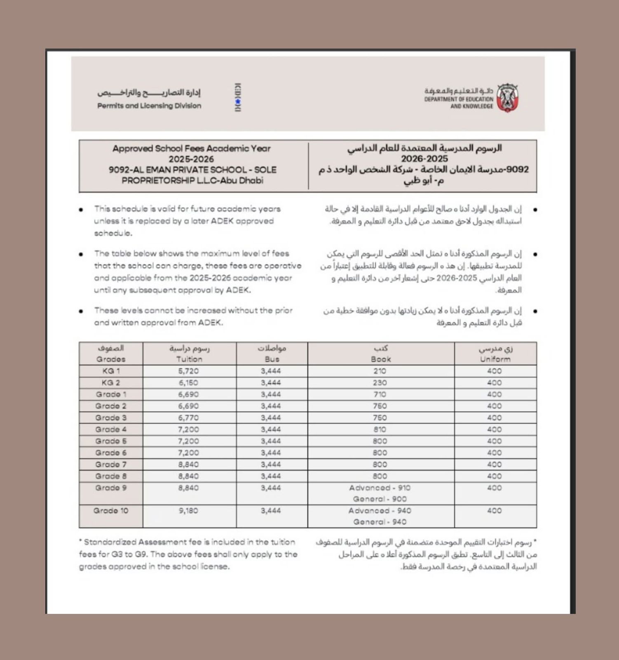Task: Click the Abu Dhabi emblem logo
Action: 507,98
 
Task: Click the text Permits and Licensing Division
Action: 149,106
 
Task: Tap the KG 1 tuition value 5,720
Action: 189,371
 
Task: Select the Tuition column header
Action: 189,359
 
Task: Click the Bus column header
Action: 272,359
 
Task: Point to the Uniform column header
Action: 495,359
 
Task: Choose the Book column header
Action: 380,359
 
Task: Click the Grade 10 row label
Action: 111,511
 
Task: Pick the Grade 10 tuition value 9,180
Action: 188,511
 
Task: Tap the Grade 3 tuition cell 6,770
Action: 189,417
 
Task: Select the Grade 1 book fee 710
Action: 380,394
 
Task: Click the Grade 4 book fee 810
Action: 380,429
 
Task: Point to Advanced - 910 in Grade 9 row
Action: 380,488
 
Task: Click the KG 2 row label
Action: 111,382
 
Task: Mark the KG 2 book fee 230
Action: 380,382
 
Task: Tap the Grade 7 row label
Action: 111,464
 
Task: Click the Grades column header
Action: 111,359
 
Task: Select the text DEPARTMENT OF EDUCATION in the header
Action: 459,99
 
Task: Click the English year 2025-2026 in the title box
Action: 191,159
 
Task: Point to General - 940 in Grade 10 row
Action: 380,522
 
